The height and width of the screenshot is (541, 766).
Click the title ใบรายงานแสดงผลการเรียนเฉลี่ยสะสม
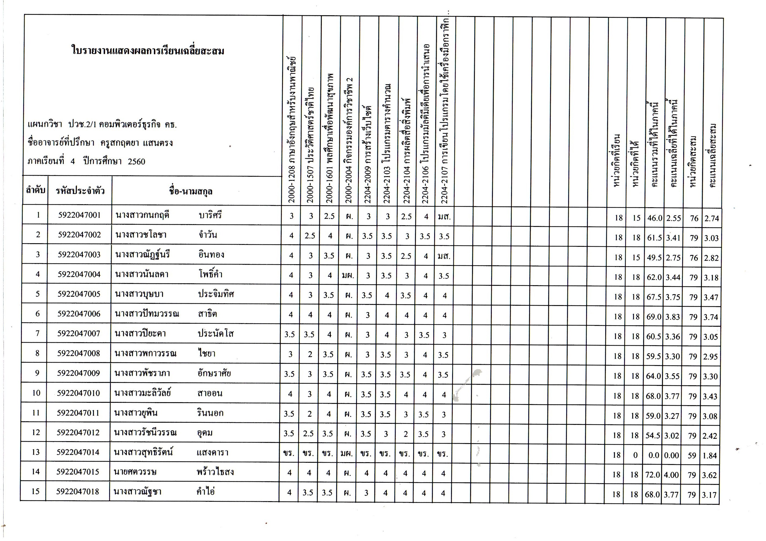click(x=148, y=51)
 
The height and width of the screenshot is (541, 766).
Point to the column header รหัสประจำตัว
click(x=80, y=191)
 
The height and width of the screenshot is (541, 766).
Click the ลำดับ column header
click(x=36, y=191)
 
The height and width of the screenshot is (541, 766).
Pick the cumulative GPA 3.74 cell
click(x=711, y=317)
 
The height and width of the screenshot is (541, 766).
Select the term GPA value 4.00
click(x=672, y=475)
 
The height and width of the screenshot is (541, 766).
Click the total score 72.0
click(x=652, y=475)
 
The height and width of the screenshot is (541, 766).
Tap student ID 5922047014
click(x=78, y=452)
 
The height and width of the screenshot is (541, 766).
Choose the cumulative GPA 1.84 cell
click(x=710, y=456)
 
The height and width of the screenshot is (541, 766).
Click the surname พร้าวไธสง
click(x=215, y=472)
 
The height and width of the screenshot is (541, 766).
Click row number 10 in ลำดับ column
click(x=36, y=393)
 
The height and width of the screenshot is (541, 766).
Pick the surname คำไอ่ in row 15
click(x=205, y=492)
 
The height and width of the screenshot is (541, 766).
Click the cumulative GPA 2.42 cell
click(x=710, y=436)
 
